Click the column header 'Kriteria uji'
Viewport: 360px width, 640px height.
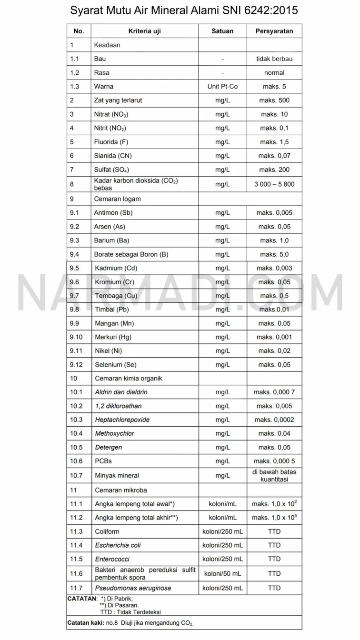pos(144,31)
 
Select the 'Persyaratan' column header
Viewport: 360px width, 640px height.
pos(274,31)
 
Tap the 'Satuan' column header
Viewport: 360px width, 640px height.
pos(222,31)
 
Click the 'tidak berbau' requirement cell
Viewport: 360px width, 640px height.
pos(274,59)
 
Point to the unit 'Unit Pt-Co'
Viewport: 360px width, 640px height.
pos(222,87)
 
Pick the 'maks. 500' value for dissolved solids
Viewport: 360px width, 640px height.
pos(274,100)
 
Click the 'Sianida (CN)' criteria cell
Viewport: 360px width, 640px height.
pos(113,156)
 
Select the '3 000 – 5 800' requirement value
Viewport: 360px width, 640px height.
pos(274,184)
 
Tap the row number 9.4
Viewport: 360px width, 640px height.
pos(74,254)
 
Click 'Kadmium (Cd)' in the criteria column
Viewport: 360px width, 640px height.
pos(116,268)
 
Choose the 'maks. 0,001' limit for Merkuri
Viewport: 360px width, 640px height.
pos(274,337)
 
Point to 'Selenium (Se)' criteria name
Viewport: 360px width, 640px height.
pos(116,365)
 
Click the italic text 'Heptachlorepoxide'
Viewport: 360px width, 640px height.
pos(122,420)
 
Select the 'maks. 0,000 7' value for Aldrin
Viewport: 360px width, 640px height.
pos(274,392)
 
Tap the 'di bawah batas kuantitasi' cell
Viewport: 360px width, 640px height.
pos(274,475)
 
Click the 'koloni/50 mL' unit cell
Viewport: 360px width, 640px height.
pos(222,573)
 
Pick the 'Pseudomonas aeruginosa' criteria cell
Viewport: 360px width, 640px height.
pos(133,588)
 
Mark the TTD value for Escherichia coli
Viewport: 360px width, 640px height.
pos(274,545)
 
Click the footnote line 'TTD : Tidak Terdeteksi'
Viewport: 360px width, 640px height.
pos(127,611)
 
